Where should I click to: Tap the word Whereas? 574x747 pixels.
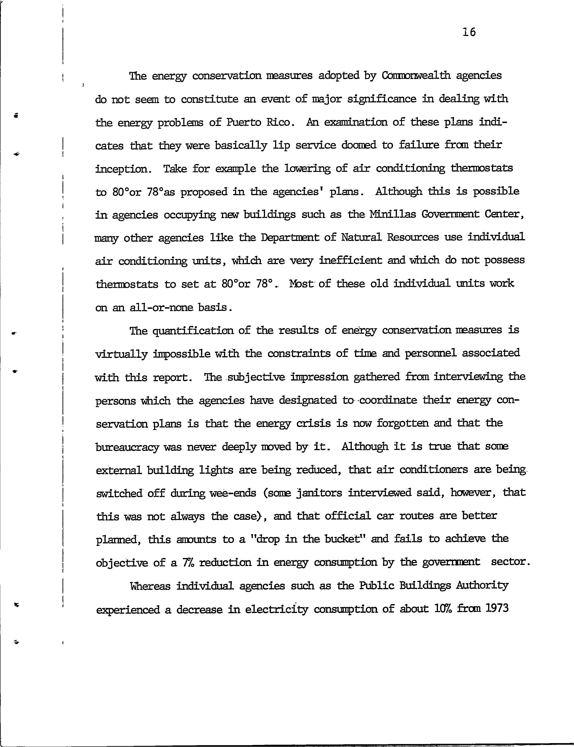(x=150, y=586)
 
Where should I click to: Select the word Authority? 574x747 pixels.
(x=482, y=586)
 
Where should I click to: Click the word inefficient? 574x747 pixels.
(x=350, y=261)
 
